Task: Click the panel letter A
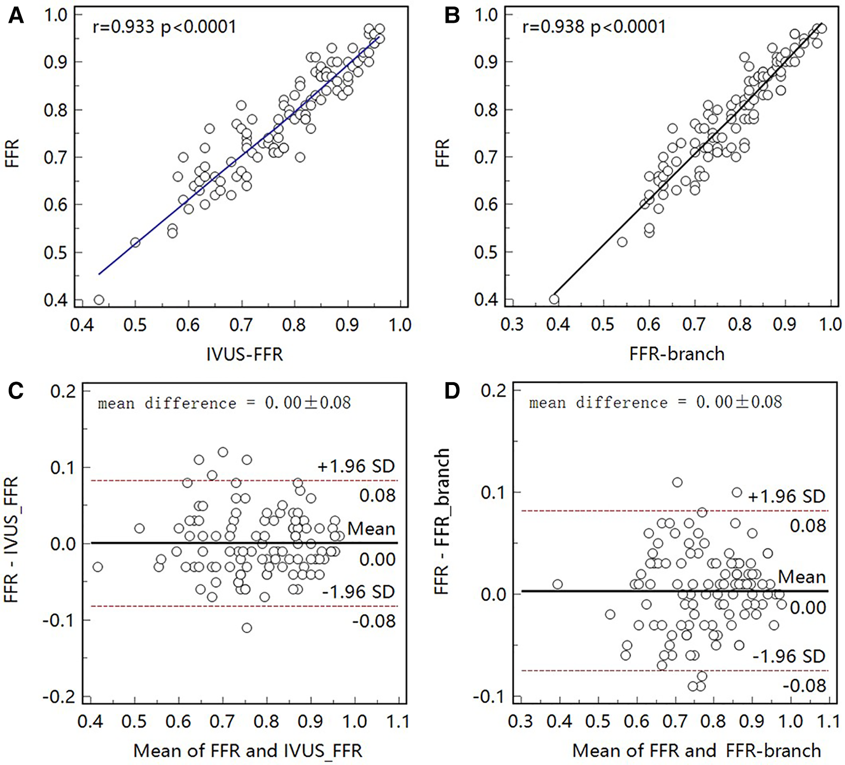coord(16,16)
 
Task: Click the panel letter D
coord(453,391)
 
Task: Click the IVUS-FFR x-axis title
coord(244,354)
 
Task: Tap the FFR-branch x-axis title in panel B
coord(677,353)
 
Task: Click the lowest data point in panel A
coord(99,300)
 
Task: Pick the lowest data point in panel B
coord(554,300)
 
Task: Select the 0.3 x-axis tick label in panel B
coord(512,324)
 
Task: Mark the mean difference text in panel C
coord(224,403)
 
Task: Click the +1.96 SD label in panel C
coord(356,466)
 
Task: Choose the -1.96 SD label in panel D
coord(788,656)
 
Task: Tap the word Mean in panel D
coord(801,577)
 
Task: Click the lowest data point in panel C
coord(247,628)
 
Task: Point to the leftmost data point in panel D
coord(557,584)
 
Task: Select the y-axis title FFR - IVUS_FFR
coord(12,540)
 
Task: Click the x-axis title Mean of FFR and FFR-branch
coord(697,751)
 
